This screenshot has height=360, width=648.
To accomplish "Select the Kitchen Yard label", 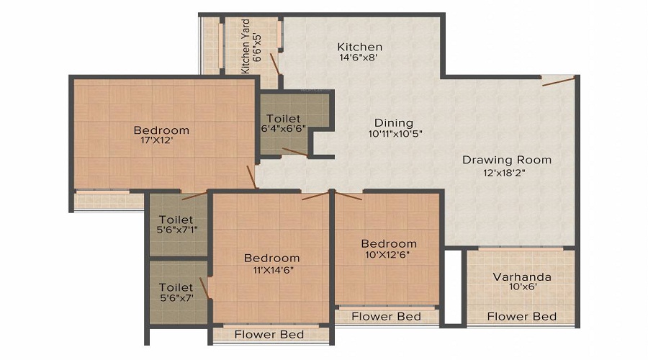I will point(246,47).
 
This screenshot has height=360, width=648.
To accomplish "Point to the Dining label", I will point(393,122).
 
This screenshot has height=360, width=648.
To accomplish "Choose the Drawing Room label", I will point(506,160).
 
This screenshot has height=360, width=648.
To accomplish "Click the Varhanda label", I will point(522,276).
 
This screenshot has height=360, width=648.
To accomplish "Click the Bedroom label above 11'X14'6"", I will point(271,258).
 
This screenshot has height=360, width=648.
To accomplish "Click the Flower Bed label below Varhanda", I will point(522,316).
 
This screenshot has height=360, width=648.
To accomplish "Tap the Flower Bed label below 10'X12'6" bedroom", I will point(387,316).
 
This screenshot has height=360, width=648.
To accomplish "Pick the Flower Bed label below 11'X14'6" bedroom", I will point(270,334).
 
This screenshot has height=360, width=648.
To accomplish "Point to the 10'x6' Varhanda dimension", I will point(522,287).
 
